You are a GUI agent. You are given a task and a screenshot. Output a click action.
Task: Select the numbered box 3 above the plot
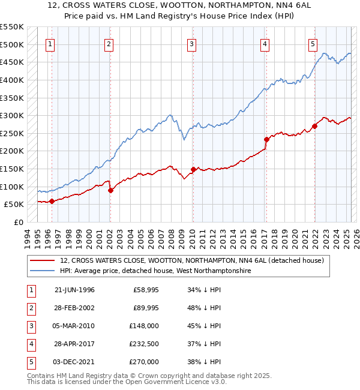(191, 43)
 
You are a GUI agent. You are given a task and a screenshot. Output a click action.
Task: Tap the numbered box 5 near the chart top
(313, 43)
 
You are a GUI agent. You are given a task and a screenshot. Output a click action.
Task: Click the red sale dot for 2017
(266, 139)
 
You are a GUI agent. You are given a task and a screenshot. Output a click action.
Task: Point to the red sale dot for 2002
(110, 190)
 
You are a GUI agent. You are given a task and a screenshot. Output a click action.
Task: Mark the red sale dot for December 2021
(314, 126)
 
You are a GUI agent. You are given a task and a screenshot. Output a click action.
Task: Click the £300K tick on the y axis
(12, 115)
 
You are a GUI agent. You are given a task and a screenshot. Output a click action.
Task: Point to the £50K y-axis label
(14, 205)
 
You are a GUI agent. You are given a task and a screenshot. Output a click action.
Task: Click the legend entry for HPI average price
(155, 271)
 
